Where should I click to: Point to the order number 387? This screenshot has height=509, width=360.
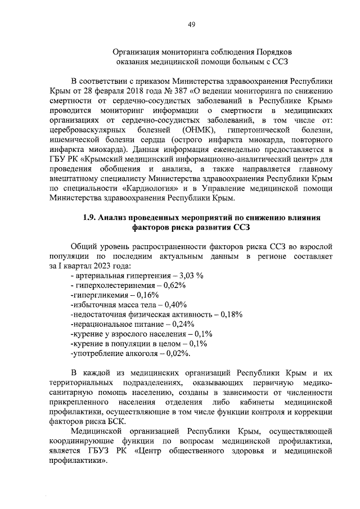point(176,90)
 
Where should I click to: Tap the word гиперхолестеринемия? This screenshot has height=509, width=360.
point(114,286)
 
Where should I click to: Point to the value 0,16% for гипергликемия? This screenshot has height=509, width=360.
point(147,295)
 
